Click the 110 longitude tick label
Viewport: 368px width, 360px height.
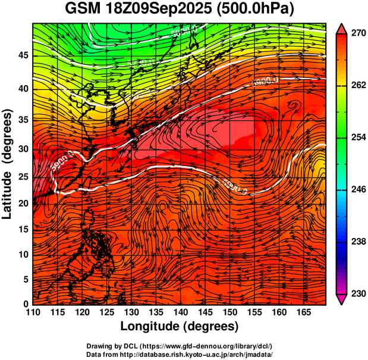pyautogui.click(x=33, y=312)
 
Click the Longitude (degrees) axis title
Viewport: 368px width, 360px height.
pyautogui.click(x=180, y=326)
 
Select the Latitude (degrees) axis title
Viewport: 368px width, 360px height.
pyautogui.click(x=8, y=164)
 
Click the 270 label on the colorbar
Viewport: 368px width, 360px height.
pyautogui.click(x=358, y=34)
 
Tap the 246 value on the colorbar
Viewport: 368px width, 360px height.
pyautogui.click(x=358, y=190)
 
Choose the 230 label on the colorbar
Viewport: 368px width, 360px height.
pyautogui.click(x=358, y=293)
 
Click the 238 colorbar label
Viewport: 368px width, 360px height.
pyautogui.click(x=358, y=242)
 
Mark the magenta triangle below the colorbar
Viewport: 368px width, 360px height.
pyautogui.click(x=341, y=299)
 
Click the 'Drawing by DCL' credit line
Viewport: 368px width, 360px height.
pyautogui.click(x=179, y=346)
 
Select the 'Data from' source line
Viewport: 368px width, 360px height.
pyautogui.click(x=179, y=353)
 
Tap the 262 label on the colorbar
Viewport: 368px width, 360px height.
pyautogui.click(x=358, y=86)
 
